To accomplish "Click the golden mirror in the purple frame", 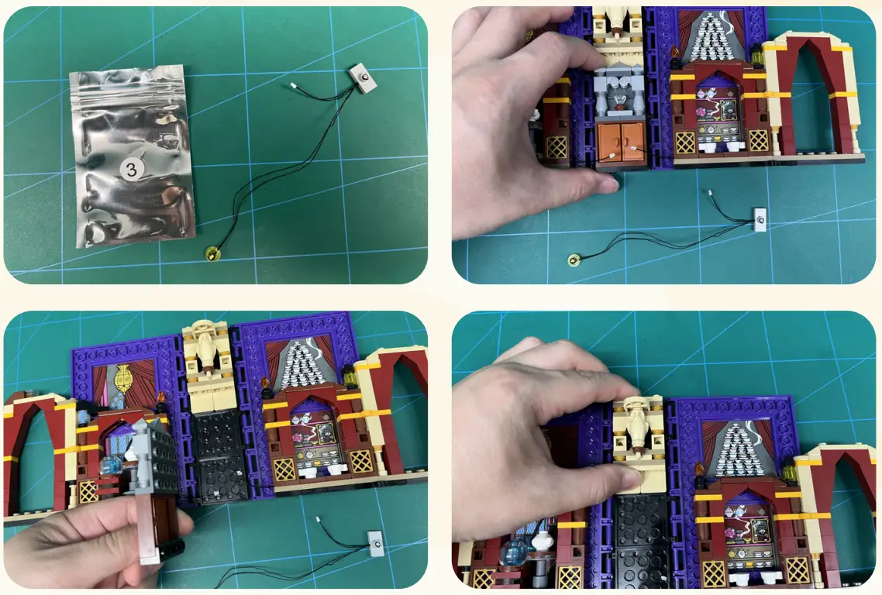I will pos(122,381).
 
